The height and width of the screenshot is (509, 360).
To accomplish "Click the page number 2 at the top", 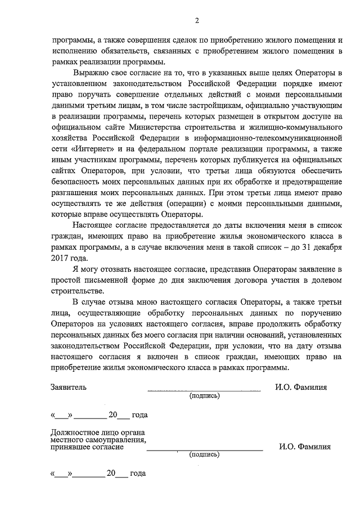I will tap(197, 21).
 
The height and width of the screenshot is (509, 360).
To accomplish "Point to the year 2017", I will tap(59, 258).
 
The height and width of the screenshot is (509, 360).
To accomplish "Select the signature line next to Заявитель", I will tap(204, 390).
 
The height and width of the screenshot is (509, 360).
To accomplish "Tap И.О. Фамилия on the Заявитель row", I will tap(301, 388).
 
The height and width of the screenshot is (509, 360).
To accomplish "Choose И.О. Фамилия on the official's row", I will tap(305, 447).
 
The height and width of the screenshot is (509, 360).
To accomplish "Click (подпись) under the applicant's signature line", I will tap(204, 395).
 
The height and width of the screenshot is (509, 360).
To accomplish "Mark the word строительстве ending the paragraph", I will tap(76, 290).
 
